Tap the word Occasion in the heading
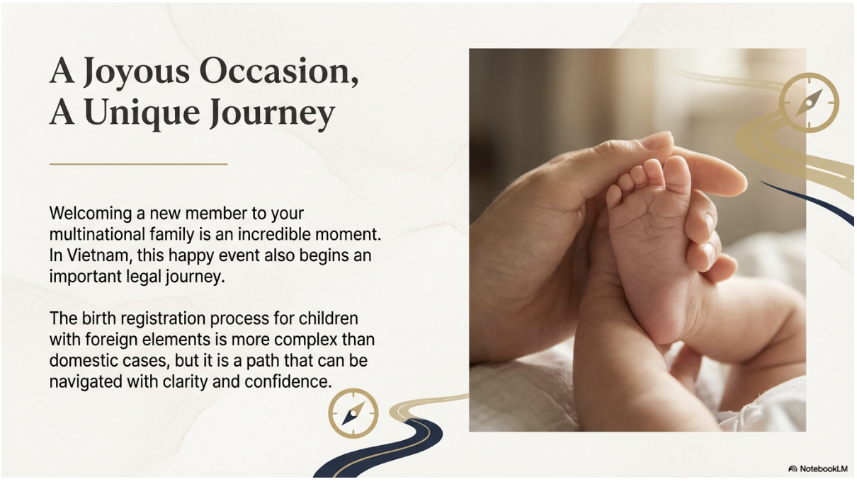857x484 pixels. [279, 71]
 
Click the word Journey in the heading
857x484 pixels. [273, 113]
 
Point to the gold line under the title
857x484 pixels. [139, 164]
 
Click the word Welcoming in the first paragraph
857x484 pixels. [91, 214]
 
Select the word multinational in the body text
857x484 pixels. [97, 234]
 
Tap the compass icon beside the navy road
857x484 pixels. [353, 413]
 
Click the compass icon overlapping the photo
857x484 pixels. [809, 103]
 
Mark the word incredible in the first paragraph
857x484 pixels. [273, 234]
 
